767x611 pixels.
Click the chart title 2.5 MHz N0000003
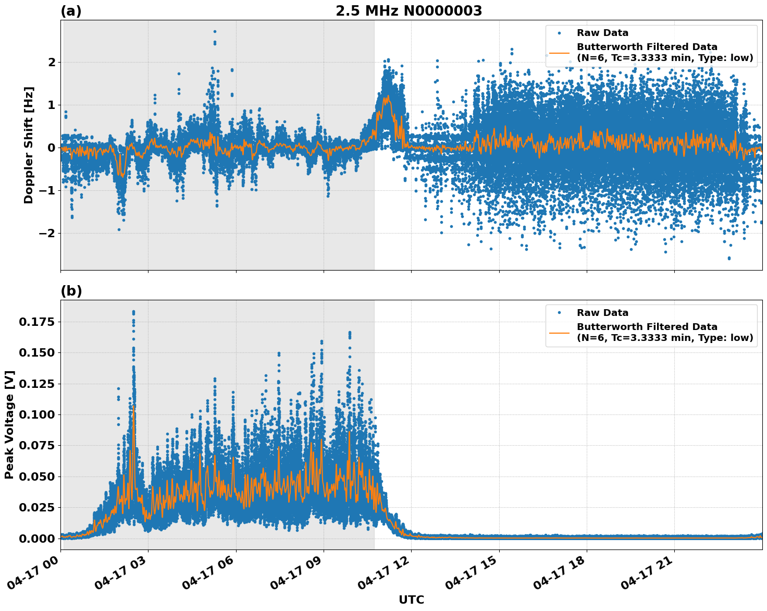[x=409, y=11]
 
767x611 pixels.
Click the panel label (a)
[x=71, y=11]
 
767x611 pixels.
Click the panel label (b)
[x=71, y=291]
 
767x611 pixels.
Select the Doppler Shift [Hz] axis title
[x=29, y=145]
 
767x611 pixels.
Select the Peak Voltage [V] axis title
[x=9, y=424]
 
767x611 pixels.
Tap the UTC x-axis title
[x=411, y=600]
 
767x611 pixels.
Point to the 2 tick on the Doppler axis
[x=51, y=62]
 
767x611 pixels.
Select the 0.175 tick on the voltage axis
[x=36, y=322]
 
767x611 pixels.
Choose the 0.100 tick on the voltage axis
[x=36, y=414]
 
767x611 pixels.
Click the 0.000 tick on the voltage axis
[x=36, y=538]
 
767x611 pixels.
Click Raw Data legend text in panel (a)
[x=602, y=33]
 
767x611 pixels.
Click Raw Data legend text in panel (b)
[x=602, y=313]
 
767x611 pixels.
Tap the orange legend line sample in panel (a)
[x=559, y=53]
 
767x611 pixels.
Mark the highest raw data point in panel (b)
[x=133, y=312]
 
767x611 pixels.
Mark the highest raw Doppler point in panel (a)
[x=215, y=32]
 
